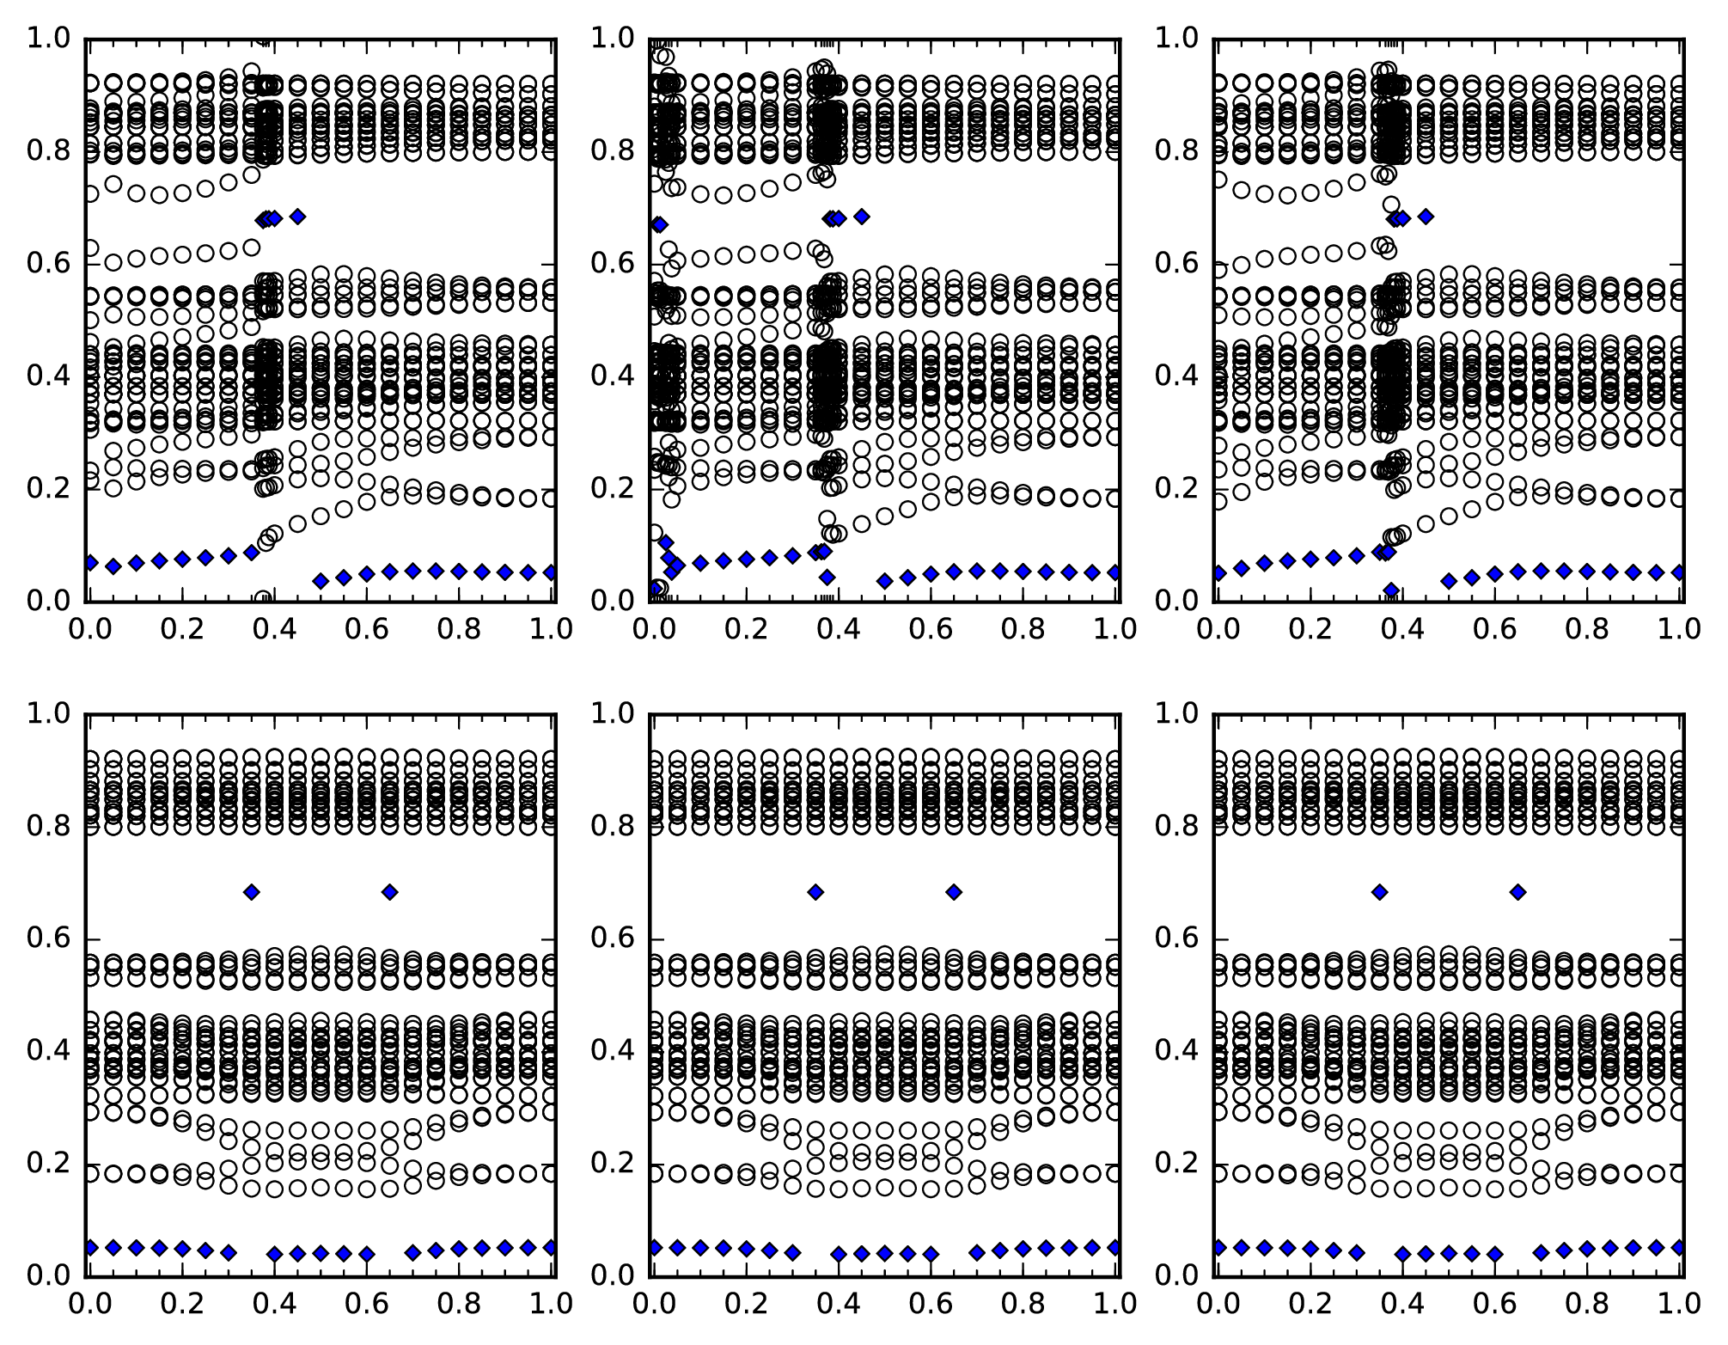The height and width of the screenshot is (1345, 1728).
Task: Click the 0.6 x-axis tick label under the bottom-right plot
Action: [1495, 1304]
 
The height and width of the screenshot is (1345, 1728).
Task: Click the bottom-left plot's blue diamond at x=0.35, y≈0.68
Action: [251, 892]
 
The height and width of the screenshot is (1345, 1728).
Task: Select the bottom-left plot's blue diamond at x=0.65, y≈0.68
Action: [390, 892]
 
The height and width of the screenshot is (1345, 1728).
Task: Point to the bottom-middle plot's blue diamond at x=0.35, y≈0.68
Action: [815, 892]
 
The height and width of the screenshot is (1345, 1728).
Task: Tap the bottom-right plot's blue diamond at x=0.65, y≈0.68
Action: [1518, 892]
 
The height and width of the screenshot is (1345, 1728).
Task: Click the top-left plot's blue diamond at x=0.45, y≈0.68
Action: [297, 217]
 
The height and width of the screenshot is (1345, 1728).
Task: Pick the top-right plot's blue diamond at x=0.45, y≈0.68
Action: [1426, 217]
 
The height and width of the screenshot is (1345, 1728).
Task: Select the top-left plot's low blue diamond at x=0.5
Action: [321, 581]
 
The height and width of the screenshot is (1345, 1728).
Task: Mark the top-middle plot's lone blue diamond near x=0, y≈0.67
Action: [659, 224]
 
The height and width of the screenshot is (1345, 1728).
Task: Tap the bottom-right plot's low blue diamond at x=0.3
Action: [1356, 1252]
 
